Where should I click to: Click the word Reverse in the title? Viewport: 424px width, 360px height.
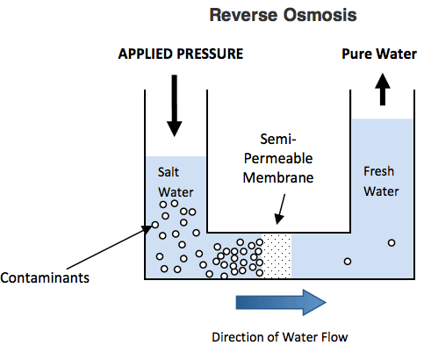tap(243, 15)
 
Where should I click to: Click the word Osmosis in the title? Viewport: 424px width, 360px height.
tap(320, 15)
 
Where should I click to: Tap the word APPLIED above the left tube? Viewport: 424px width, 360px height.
tap(145, 54)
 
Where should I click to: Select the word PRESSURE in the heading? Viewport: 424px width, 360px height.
tap(210, 54)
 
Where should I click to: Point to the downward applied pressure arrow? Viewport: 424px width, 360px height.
tap(175, 105)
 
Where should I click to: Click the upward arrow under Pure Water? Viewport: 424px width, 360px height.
tap(383, 89)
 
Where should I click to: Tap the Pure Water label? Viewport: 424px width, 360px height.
tap(379, 54)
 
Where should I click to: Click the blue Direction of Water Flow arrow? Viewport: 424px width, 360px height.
tap(281, 302)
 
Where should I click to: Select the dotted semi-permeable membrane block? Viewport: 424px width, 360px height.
tap(277, 256)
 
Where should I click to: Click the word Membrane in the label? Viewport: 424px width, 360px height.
tap(278, 177)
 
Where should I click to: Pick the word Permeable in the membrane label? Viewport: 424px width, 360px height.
tap(278, 158)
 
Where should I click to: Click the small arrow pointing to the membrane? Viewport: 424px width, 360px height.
tap(280, 209)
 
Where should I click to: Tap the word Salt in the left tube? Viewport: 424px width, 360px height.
tap(169, 172)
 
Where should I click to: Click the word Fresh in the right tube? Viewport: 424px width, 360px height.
tap(379, 171)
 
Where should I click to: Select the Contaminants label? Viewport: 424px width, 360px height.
tap(45, 277)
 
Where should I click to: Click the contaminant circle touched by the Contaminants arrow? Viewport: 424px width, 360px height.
tap(155, 225)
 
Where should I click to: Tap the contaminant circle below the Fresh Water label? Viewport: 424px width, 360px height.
tap(392, 242)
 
